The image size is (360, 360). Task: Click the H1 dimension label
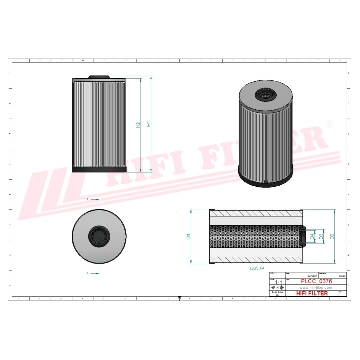(x=148, y=124)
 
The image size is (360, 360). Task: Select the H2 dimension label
(x=138, y=125)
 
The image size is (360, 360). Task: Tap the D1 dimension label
(x=189, y=236)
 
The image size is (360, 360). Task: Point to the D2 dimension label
(x=332, y=236)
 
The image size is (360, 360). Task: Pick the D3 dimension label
(x=321, y=236)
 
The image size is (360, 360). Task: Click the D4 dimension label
(x=312, y=236)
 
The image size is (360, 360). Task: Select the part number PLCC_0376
(x=315, y=282)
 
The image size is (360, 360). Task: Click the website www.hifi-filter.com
(x=315, y=288)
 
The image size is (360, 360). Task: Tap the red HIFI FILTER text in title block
(x=312, y=294)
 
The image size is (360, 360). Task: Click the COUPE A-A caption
(x=260, y=268)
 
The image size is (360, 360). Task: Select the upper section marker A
(x=88, y=199)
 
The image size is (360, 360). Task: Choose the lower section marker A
(x=88, y=274)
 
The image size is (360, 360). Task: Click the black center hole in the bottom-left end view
(x=98, y=236)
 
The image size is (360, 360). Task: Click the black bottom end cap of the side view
(x=101, y=170)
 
